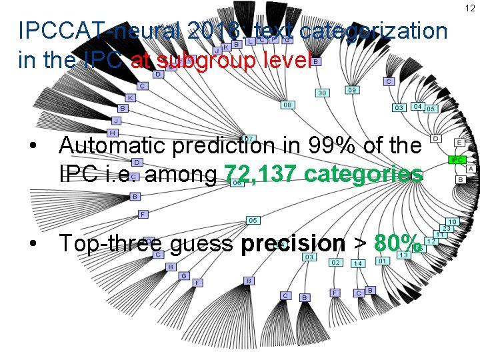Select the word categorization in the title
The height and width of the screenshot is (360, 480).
[373, 31]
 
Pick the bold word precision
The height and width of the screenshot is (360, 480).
[293, 243]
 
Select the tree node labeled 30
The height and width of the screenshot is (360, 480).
[323, 93]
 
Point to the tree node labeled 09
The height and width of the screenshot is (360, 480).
[352, 90]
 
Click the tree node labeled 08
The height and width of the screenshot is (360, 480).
[288, 105]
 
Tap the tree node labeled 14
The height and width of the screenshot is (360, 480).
[358, 263]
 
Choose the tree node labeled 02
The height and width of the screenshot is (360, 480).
[336, 263]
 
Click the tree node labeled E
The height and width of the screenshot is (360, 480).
[460, 143]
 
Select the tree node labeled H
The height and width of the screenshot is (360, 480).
[113, 133]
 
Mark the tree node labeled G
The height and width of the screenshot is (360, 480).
[185, 275]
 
